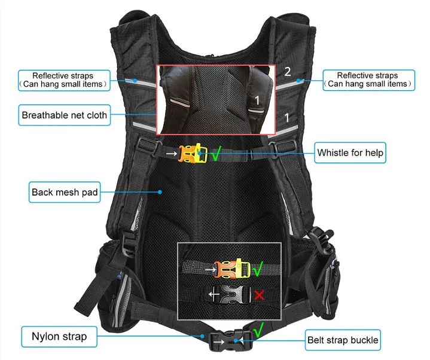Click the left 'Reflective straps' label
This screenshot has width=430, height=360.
[x=63, y=80]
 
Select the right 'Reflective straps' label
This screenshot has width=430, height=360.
[x=367, y=80]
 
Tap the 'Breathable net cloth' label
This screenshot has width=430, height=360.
[x=65, y=115]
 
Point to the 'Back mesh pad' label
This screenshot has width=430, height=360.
[x=65, y=193]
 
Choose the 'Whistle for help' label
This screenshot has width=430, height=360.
[x=350, y=152]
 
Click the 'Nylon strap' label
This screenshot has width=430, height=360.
[x=59, y=337]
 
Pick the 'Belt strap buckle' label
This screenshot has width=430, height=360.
[x=343, y=340]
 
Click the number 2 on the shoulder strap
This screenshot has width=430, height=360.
[x=288, y=72]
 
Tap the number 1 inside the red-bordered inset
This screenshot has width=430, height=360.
[x=258, y=100]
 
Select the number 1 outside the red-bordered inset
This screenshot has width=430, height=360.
[x=288, y=117]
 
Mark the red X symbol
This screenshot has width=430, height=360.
[x=259, y=294]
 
